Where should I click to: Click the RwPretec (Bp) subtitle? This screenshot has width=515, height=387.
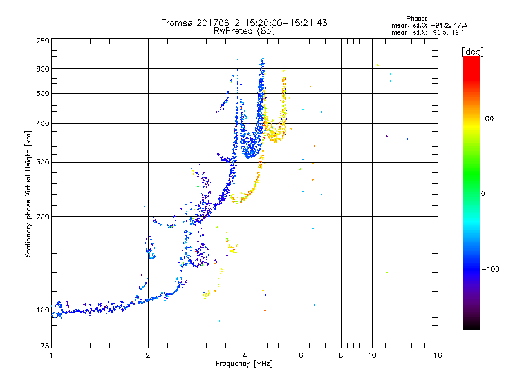coord(244,30)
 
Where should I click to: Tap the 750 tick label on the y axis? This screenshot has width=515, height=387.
coord(42,40)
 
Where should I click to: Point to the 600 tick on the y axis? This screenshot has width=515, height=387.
coord(42,69)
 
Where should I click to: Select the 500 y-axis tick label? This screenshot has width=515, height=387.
coord(42,94)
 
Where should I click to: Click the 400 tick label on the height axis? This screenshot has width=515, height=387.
coord(42,124)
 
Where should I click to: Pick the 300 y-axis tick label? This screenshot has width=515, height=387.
coord(42,163)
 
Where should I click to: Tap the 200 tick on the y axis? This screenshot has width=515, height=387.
coord(42,217)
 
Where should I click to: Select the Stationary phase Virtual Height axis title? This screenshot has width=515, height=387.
coord(29,193)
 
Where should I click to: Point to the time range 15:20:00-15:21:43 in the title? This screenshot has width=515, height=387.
coord(289,23)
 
